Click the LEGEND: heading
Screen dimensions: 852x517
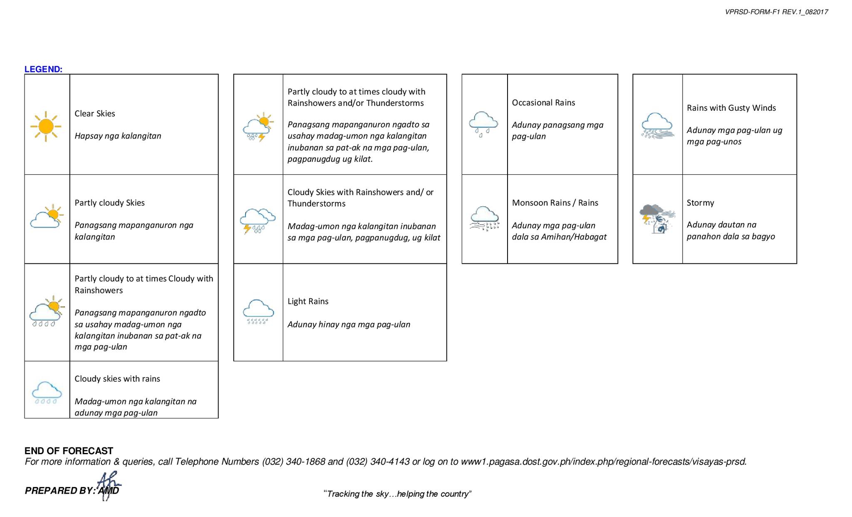[43, 69]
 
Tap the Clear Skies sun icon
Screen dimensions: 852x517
[46, 126]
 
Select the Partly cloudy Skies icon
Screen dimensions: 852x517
[47, 216]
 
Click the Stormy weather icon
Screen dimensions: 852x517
[657, 219]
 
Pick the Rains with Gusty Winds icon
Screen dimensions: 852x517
[657, 125]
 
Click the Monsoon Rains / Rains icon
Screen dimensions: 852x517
[484, 218]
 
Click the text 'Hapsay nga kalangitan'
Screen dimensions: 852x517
[118, 136]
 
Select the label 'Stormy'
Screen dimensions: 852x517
[700, 203]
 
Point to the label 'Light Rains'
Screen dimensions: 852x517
[308, 301]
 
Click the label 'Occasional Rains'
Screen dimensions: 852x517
[543, 103]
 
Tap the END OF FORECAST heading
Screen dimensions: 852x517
[69, 451]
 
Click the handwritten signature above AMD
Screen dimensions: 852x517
[108, 485]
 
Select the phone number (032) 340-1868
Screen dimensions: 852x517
[293, 462]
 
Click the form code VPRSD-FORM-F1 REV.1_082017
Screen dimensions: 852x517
[776, 12]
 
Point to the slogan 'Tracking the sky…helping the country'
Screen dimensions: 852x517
[397, 494]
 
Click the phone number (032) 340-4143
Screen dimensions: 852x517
[378, 462]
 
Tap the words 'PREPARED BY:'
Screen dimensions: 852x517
[60, 491]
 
